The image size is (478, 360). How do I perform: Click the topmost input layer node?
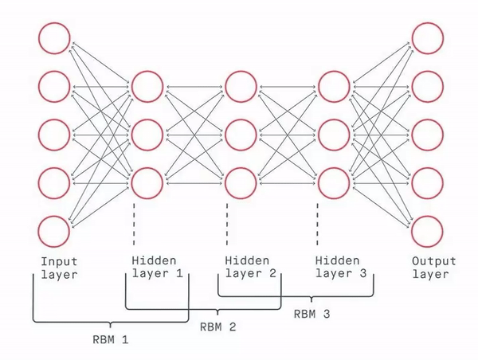click(53, 37)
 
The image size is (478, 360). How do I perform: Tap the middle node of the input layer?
click(53, 134)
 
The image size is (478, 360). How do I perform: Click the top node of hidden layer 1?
click(148, 85)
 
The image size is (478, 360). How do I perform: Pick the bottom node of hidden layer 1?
click(148, 181)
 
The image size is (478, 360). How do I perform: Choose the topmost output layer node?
click(426, 37)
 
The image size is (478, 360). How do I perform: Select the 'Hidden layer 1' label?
click(156, 268)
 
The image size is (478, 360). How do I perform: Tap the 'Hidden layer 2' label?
click(249, 268)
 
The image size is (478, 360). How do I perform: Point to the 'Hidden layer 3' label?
click(342, 268)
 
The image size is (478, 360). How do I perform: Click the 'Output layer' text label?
click(434, 268)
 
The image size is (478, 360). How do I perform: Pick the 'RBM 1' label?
click(109, 338)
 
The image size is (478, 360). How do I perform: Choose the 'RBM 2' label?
click(217, 326)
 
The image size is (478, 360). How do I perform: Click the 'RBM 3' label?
click(311, 313)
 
